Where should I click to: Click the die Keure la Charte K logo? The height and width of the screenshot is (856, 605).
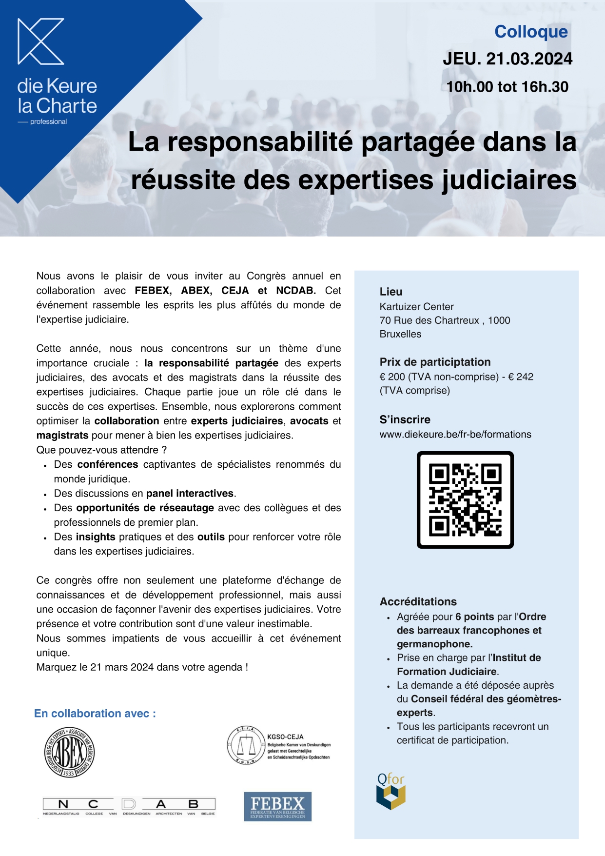point(41,41)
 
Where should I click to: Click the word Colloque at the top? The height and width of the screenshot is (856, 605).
point(531,32)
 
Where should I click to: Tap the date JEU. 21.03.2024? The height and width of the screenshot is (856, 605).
point(507,59)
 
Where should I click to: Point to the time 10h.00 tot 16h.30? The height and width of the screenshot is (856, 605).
point(507,87)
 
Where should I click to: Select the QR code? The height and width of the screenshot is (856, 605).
point(465,500)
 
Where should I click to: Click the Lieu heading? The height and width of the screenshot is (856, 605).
point(391,292)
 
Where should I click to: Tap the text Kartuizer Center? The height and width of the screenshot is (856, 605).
point(416,307)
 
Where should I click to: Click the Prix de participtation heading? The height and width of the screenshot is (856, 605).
point(435,362)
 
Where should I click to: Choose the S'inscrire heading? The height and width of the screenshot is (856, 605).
point(405,419)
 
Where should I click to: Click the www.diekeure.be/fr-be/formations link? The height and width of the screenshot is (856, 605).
point(455,434)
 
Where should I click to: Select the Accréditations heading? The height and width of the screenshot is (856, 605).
point(418,601)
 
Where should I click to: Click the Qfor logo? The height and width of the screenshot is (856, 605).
point(391,791)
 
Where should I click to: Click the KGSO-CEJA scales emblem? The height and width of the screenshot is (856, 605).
point(246,745)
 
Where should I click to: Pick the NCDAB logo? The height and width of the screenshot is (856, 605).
point(129,806)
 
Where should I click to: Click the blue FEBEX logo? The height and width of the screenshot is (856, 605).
point(277,806)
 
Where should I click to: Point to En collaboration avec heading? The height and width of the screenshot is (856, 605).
point(95,714)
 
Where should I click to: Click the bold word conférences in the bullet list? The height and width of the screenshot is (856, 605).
point(108,464)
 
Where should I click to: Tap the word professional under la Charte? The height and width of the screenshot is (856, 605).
point(48,121)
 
